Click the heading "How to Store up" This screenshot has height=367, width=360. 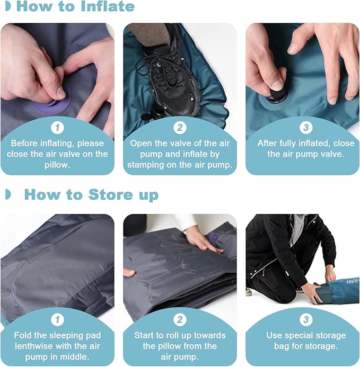click(x=91, y=194)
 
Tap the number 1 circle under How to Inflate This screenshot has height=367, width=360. click(x=57, y=128)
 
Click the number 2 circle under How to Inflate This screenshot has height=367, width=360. click(x=180, y=128)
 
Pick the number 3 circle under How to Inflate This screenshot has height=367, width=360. click(x=305, y=128)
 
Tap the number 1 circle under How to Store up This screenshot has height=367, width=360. click(x=57, y=320)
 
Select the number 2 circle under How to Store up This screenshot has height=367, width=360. click(x=180, y=320)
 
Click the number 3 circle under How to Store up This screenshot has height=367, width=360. click(x=305, y=320)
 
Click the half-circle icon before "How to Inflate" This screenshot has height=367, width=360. click(x=7, y=7)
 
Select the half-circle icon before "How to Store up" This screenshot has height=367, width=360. click(x=7, y=194)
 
